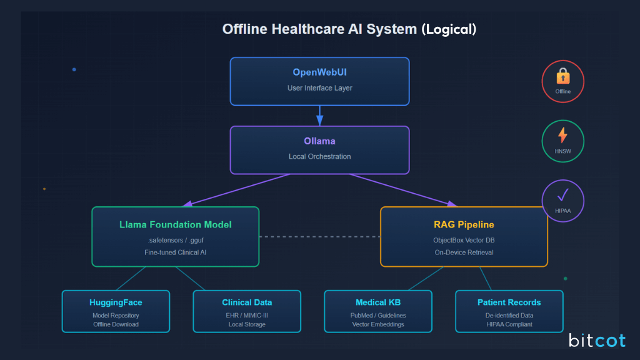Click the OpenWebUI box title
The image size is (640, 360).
tap(319, 72)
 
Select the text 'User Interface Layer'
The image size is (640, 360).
tap(319, 88)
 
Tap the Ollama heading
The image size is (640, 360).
tap(319, 141)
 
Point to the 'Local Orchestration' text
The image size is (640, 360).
tap(319, 156)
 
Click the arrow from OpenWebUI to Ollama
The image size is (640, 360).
tap(319, 116)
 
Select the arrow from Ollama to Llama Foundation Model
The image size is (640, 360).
tap(237, 189)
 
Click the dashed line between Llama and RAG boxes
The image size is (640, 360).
tap(319, 237)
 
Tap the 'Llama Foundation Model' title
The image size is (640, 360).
tap(175, 224)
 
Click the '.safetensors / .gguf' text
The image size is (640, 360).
tap(175, 239)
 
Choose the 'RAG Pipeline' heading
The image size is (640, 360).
tap(464, 224)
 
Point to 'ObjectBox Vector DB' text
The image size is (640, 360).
tap(464, 239)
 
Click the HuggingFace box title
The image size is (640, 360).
tap(116, 302)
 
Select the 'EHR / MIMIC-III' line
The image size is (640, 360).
tap(247, 316)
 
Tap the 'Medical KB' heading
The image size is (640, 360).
tap(377, 302)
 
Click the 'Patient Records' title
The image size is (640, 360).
tap(509, 302)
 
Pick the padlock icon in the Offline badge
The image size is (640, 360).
tap(562, 77)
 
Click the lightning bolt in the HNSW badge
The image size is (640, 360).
tap(562, 135)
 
